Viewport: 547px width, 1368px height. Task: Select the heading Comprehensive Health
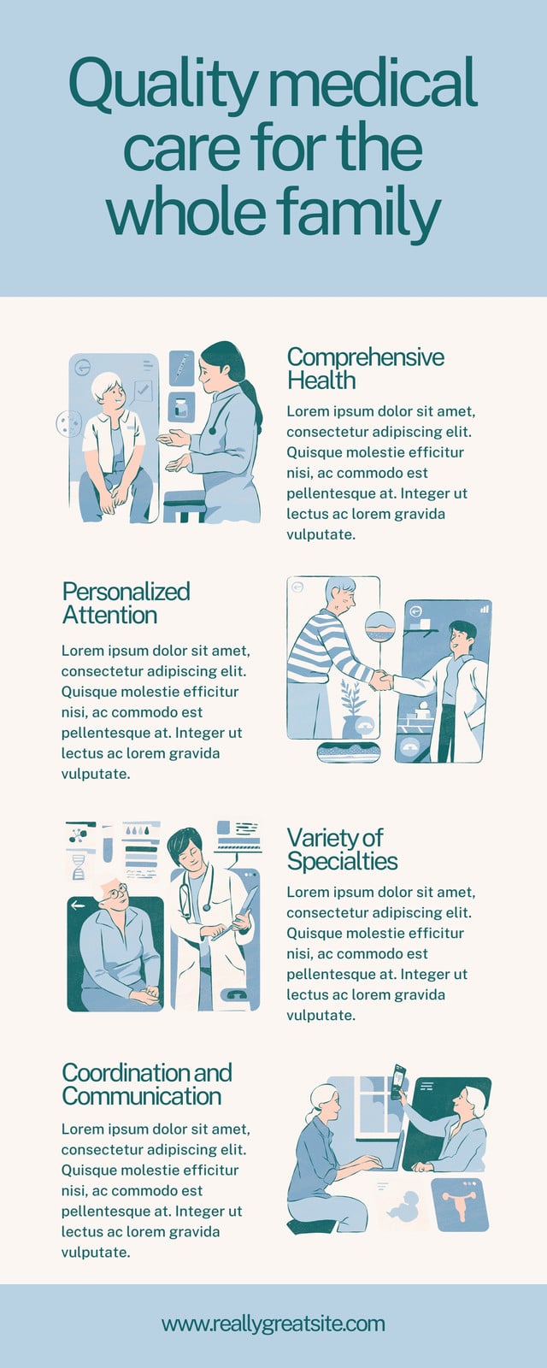pos(365,369)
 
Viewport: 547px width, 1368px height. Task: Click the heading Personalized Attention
pos(126,603)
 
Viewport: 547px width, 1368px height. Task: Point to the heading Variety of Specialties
pos(342,849)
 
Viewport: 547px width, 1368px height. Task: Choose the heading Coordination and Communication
pos(146,1084)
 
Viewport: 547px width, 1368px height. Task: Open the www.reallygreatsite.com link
pos(273,1324)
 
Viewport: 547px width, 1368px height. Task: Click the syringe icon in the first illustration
pos(180,367)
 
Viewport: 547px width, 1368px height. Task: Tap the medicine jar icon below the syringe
pos(180,407)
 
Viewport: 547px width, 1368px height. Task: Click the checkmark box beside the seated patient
pos(143,390)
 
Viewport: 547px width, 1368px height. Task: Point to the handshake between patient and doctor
pos(381,680)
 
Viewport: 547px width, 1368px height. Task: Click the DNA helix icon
pos(79,867)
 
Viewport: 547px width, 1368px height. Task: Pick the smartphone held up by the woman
pos(398,1081)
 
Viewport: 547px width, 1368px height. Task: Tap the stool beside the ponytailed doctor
pos(185,505)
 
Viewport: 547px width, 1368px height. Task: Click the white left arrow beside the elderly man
pos(78,905)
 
